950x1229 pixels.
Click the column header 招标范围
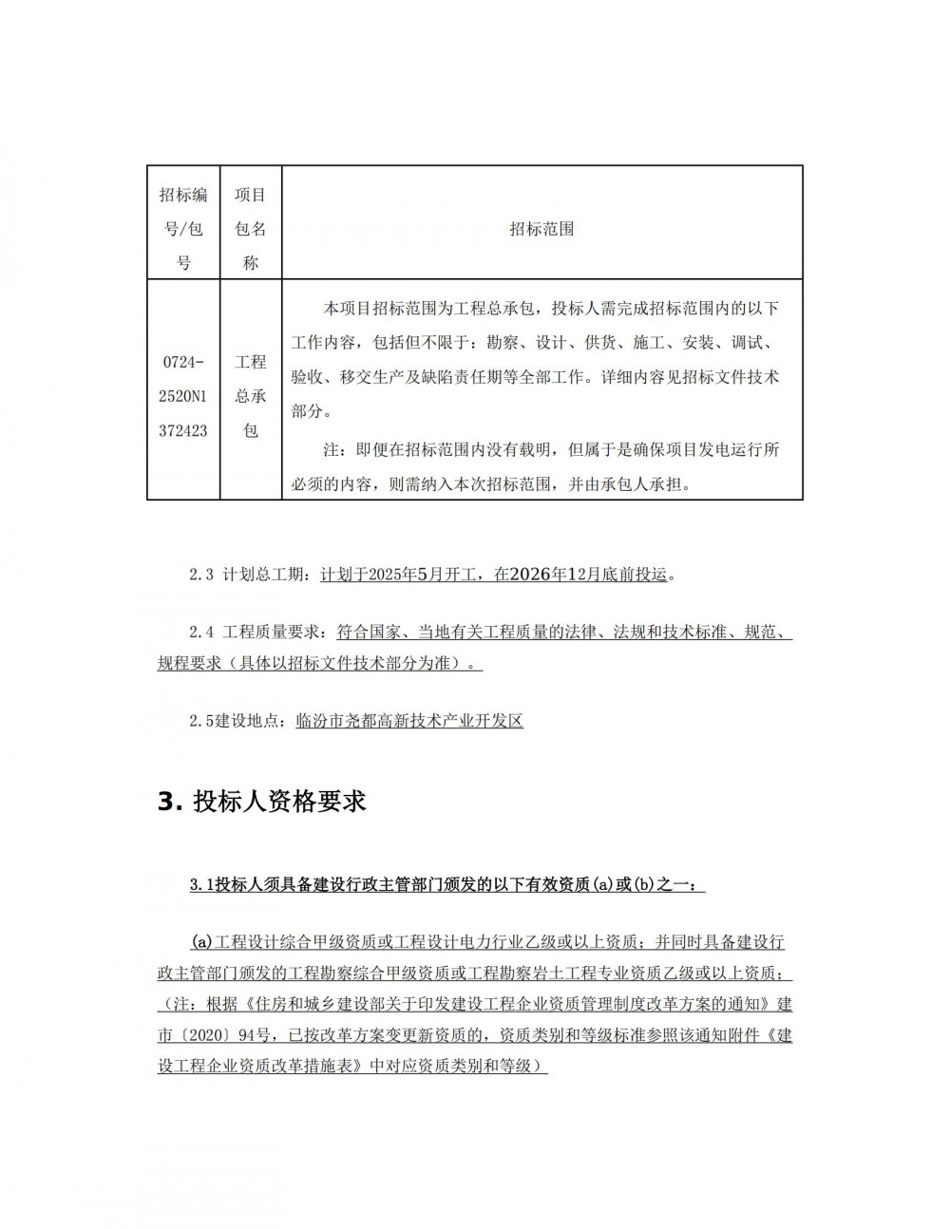click(541, 229)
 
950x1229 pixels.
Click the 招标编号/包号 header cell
click(183, 229)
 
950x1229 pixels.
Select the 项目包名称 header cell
click(251, 229)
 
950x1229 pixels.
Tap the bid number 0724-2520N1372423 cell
click(183, 396)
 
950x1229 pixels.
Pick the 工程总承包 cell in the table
click(251, 396)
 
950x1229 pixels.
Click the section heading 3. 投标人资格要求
click(261, 801)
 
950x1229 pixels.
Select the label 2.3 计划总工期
click(249, 575)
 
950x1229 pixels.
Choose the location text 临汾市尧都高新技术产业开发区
click(409, 721)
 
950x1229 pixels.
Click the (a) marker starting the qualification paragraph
click(201, 942)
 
